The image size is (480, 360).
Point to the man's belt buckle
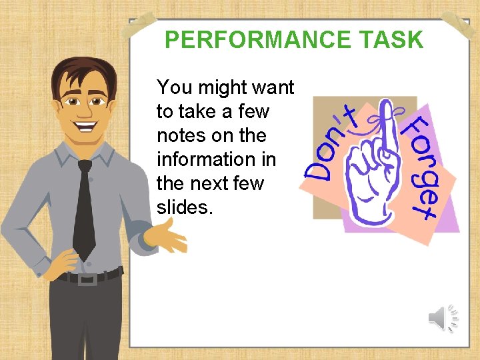tap(87, 277)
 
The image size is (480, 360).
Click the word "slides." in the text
tap(185, 207)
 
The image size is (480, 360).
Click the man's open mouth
tap(85, 124)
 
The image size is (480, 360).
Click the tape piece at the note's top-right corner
tap(460, 23)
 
